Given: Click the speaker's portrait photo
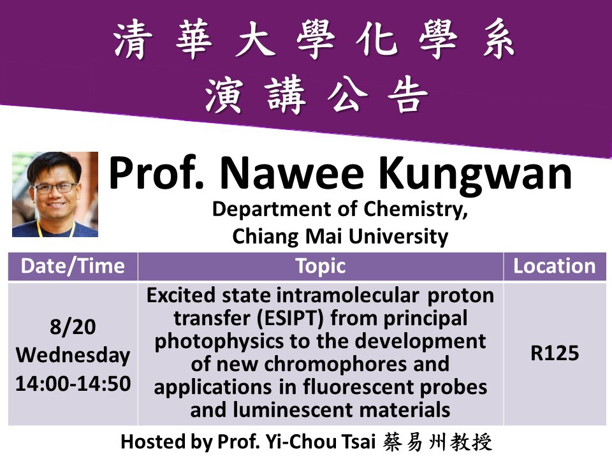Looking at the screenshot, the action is click(x=55, y=194).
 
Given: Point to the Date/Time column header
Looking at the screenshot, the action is click(x=73, y=266).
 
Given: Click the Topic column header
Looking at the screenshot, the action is click(x=321, y=266).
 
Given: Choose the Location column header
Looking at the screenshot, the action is click(x=554, y=266).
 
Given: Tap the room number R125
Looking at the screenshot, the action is click(x=555, y=353).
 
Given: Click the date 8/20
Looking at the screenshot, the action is click(x=73, y=326).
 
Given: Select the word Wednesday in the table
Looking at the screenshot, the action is click(x=73, y=355).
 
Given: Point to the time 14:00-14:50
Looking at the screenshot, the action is click(x=73, y=384).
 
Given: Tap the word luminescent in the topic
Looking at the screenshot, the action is click(x=293, y=410).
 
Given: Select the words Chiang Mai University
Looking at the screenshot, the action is click(x=340, y=237).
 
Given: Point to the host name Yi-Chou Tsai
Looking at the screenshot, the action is click(x=321, y=442).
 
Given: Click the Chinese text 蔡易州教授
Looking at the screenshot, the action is click(x=437, y=442).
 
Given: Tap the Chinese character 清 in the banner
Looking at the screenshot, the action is click(x=132, y=40).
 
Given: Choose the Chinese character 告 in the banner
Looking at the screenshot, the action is click(x=408, y=94).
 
